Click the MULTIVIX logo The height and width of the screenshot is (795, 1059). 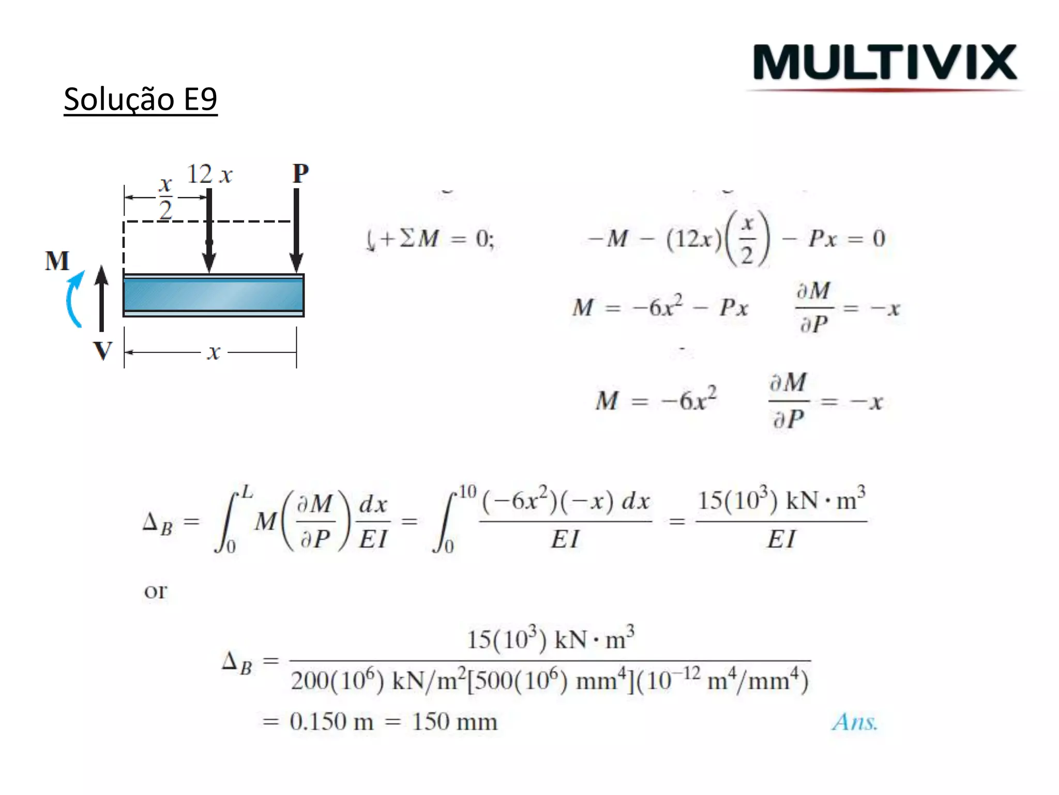tap(885, 63)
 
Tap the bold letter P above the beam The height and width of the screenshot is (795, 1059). tap(300, 173)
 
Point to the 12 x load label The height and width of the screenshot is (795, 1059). tap(209, 174)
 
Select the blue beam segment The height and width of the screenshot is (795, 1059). tap(213, 295)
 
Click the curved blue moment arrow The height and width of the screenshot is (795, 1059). tap(74, 299)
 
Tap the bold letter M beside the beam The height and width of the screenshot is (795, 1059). tap(57, 260)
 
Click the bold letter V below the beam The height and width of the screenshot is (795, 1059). tap(102, 350)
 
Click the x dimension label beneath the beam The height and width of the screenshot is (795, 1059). tap(214, 352)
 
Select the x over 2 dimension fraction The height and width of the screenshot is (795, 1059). tap(165, 198)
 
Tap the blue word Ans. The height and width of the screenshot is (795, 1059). tap(854, 722)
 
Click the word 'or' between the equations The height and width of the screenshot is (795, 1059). tap(155, 591)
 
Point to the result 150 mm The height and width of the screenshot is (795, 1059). tap(455, 722)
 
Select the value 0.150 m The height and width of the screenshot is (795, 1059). tap(331, 722)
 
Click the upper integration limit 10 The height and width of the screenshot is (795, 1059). tap(467, 491)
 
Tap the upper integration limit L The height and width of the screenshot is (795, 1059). tap(247, 491)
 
